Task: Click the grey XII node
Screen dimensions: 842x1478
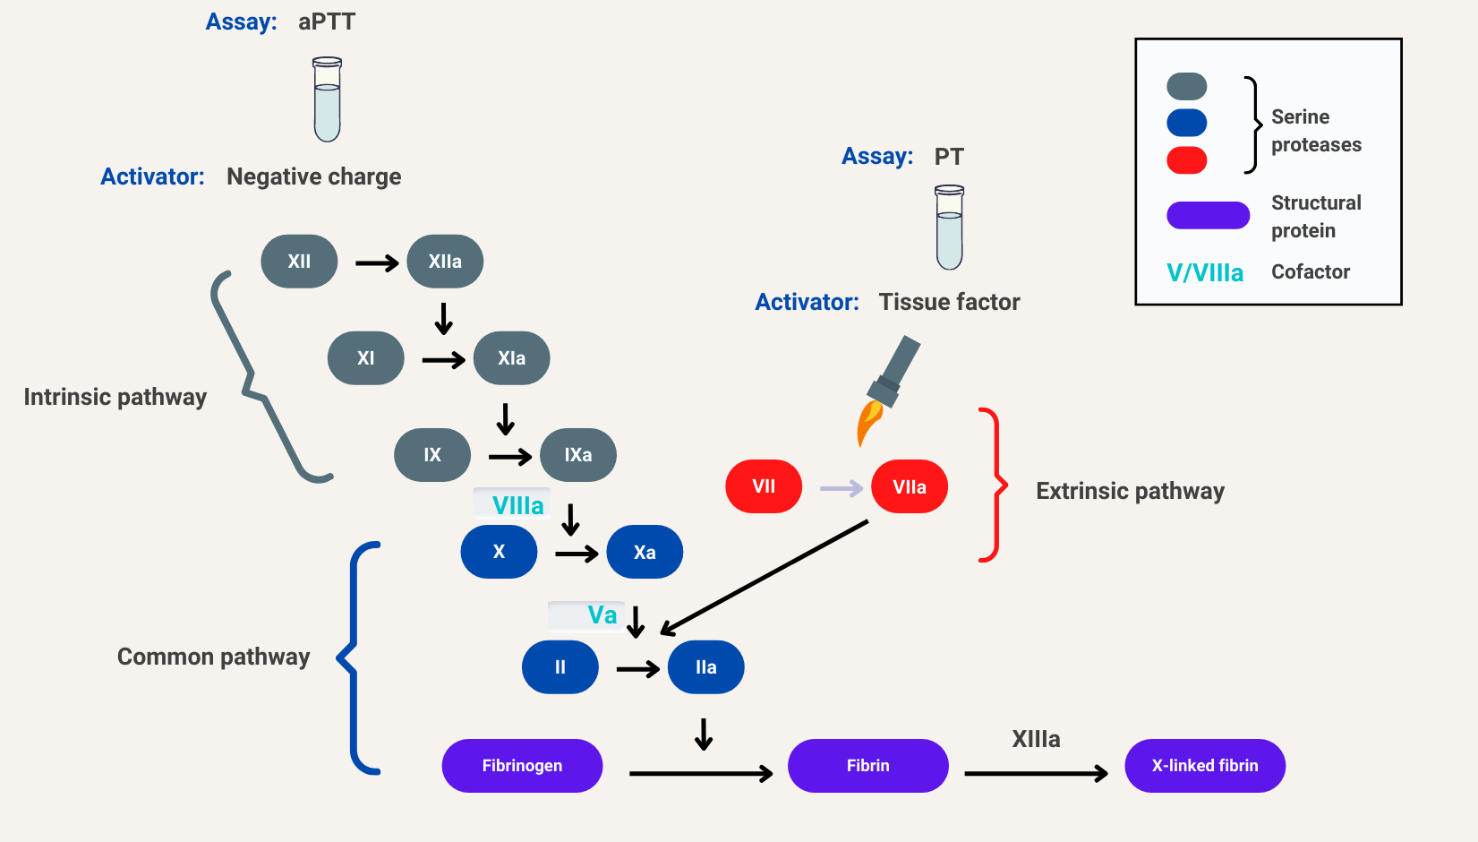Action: click(x=299, y=262)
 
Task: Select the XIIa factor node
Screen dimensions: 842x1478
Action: click(x=445, y=262)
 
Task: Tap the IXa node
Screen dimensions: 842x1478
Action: click(x=577, y=455)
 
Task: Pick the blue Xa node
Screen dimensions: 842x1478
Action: click(x=645, y=552)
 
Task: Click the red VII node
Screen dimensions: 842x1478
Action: click(x=764, y=486)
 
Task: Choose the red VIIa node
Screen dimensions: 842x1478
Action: click(x=910, y=486)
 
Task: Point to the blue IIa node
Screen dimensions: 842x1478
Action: click(x=705, y=667)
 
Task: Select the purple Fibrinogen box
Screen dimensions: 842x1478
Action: click(x=522, y=766)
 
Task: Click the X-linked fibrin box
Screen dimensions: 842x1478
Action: click(x=1205, y=766)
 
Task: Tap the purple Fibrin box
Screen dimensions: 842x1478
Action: click(x=867, y=766)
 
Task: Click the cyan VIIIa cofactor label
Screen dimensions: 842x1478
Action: click(x=517, y=505)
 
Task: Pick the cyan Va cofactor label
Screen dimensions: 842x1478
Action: click(x=602, y=615)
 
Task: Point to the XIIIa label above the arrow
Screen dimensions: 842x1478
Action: click(x=1036, y=739)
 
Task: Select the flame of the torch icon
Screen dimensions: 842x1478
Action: click(x=868, y=423)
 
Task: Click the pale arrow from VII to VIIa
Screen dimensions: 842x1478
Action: click(x=842, y=488)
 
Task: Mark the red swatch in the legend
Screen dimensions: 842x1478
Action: click(x=1187, y=160)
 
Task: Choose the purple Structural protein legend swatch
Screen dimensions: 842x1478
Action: click(x=1208, y=215)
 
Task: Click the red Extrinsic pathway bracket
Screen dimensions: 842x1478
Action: click(x=994, y=485)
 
